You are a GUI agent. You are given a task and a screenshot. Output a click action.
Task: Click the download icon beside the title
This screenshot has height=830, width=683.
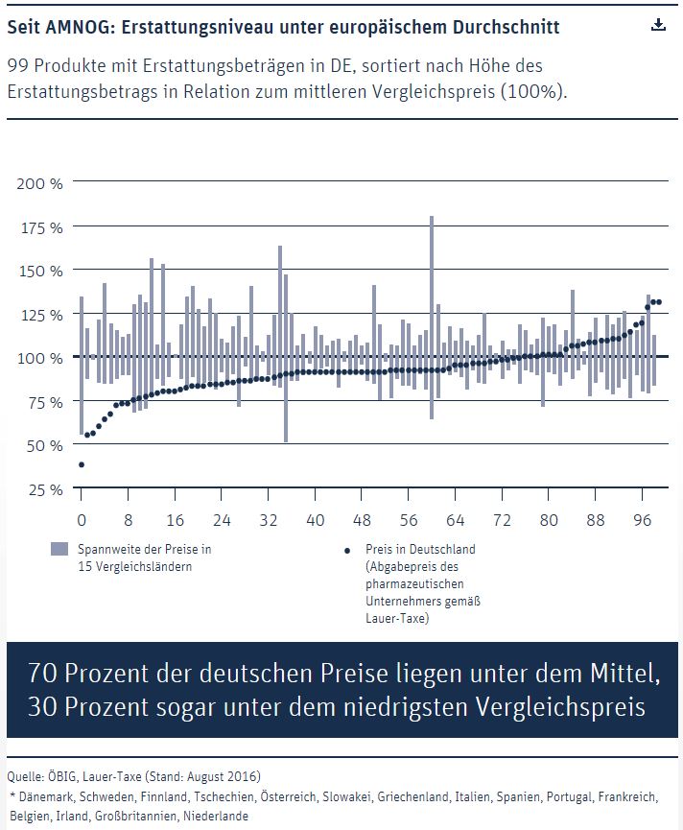tap(658, 24)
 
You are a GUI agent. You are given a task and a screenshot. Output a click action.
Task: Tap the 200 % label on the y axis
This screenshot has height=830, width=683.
tap(39, 183)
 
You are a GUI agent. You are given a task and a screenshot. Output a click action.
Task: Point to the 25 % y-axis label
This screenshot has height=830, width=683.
tap(45, 489)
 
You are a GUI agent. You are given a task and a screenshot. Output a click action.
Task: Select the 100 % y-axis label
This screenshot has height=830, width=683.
tap(40, 358)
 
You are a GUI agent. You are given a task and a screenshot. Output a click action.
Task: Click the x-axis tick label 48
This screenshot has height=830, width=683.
tap(362, 520)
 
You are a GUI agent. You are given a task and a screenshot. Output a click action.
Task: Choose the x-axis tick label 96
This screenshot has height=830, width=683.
tap(643, 520)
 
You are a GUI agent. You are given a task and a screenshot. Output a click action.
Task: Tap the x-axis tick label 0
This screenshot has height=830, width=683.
tap(82, 520)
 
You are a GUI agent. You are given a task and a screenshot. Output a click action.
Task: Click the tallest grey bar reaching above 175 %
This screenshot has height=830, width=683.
tap(432, 318)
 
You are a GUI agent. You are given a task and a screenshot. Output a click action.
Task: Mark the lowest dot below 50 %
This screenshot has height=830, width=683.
tap(82, 464)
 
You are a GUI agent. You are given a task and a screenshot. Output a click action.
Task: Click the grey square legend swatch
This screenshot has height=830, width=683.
tap(59, 549)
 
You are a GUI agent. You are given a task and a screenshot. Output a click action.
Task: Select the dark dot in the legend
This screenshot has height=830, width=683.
tap(347, 551)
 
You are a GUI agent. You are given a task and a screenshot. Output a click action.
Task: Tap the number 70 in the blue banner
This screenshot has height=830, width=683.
tap(43, 674)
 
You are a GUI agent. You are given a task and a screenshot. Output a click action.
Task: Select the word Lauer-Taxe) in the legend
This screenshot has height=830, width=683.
tap(397, 618)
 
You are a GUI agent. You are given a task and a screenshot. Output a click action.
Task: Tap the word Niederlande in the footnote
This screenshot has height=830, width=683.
tap(215, 816)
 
